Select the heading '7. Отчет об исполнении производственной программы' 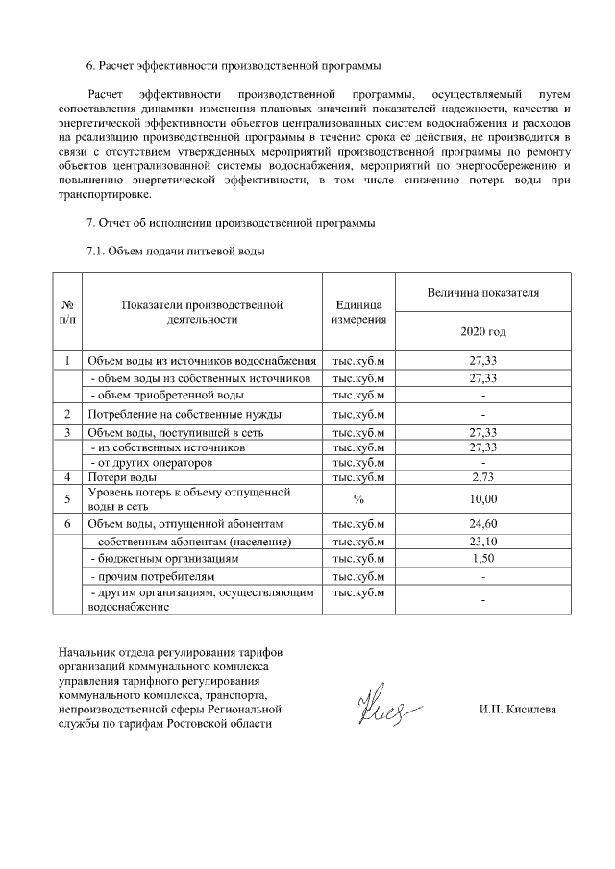point(231,224)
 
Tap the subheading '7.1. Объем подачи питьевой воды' point(176,252)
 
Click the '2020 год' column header point(482,332)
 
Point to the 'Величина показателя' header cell point(482,291)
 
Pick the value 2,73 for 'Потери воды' point(482,477)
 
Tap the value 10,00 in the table point(482,498)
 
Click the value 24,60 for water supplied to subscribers point(482,524)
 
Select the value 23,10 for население point(482,542)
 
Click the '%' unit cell point(358,498)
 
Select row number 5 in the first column point(67,498)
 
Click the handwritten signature point(389,710)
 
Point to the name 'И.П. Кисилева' point(516,710)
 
